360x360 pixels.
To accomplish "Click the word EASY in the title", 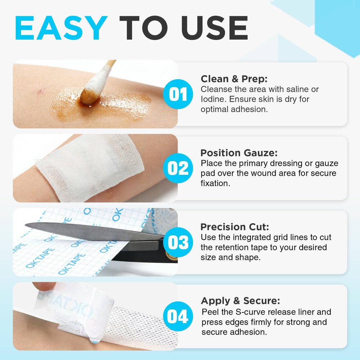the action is [x=61, y=28].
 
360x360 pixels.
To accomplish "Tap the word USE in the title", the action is [x=215, y=28].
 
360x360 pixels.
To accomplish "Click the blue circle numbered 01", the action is [x=178, y=94].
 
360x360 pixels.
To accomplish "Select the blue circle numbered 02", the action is [x=178, y=168].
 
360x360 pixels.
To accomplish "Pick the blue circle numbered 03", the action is [x=178, y=242].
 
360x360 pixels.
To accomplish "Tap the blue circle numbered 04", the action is [x=178, y=316].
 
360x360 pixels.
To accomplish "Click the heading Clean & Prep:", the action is [x=234, y=79].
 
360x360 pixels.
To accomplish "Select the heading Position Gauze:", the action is [x=239, y=153].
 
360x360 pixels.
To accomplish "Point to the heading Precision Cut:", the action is [x=235, y=227].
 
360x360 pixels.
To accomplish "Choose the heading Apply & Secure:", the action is [x=240, y=301].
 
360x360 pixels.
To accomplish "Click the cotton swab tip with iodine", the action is [x=89, y=96].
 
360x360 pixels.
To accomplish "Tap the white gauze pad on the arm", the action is [x=90, y=166].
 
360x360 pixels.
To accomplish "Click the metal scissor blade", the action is [x=92, y=231].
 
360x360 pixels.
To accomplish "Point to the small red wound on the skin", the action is [x=41, y=91].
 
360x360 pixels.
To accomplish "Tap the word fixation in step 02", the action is [x=215, y=183].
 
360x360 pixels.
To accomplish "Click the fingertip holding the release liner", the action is [x=44, y=286].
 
